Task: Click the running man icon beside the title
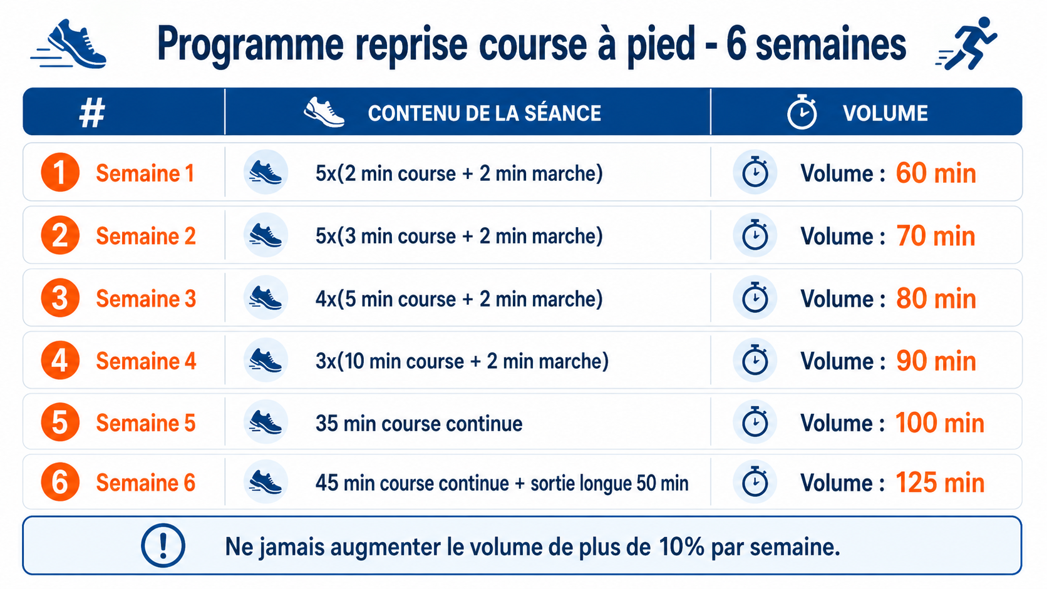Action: coord(966,43)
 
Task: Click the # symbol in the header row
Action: coord(91,113)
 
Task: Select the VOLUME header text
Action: coord(885,113)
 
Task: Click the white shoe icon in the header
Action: coord(324,112)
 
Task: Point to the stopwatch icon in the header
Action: coord(802,111)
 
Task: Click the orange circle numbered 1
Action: coord(60,172)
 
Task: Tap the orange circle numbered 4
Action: coord(60,360)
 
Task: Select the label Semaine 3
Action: coord(146,299)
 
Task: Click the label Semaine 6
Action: coord(145,483)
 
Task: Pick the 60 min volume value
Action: coord(936,173)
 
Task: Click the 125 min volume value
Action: coord(940,483)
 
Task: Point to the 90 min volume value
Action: coord(936,361)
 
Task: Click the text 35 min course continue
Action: coord(419,424)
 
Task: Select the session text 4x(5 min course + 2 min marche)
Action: coord(459,299)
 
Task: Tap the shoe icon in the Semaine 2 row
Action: coord(266,235)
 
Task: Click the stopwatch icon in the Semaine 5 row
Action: coord(755,423)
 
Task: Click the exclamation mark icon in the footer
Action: coord(163,545)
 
